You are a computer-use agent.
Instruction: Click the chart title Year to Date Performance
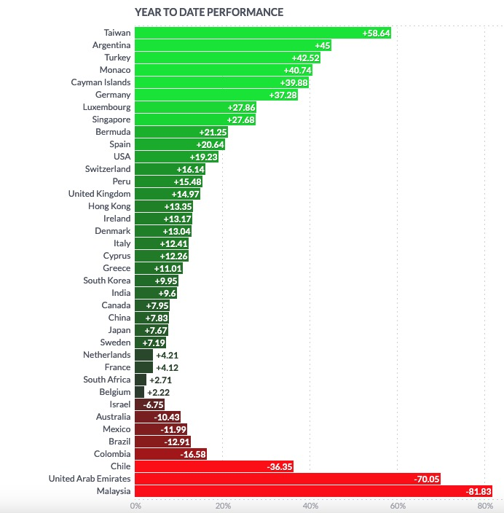tap(209, 12)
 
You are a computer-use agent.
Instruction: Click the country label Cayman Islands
tap(101, 82)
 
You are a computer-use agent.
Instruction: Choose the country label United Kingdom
tap(99, 194)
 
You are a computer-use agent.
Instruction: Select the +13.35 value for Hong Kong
tap(178, 206)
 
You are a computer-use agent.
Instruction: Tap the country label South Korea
tap(107, 281)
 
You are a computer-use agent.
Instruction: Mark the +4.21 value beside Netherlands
tap(168, 355)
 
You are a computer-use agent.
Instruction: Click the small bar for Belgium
tap(139, 392)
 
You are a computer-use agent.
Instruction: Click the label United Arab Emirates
tap(90, 479)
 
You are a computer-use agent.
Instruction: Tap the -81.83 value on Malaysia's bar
tap(479, 491)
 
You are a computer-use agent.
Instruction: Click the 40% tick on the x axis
tap(310, 506)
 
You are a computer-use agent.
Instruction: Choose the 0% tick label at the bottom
tap(135, 506)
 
